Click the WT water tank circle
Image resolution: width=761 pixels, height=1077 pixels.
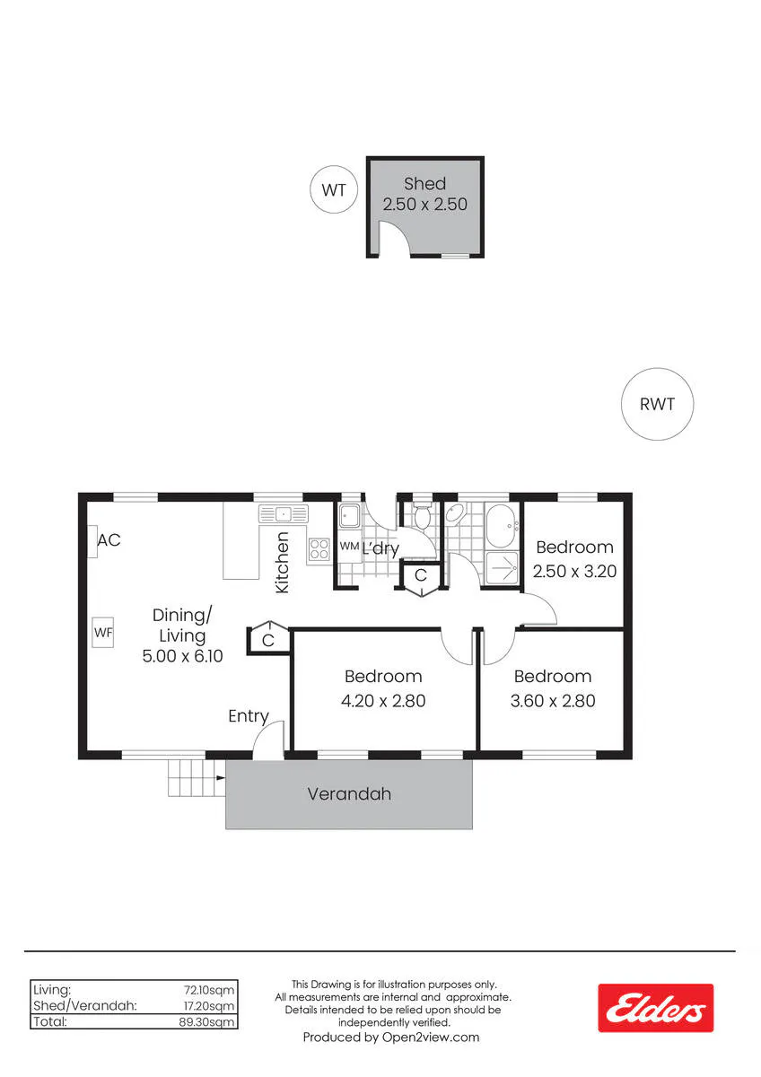[x=334, y=190]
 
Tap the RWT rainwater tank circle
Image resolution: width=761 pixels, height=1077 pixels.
[x=657, y=404]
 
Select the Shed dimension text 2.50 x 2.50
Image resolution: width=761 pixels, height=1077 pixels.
[x=425, y=205]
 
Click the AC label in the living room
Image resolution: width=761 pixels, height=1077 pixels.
[x=109, y=540]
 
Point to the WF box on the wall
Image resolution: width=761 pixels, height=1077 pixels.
[x=103, y=633]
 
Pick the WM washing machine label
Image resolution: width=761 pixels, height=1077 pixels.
[x=349, y=547]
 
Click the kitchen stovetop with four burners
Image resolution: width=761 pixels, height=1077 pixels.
[x=319, y=549]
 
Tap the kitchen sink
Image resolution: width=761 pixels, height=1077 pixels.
[x=284, y=514]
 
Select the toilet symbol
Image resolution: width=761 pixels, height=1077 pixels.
[x=423, y=516]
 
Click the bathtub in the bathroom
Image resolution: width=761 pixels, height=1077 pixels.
[x=503, y=526]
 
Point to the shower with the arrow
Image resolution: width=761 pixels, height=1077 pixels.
[x=503, y=568]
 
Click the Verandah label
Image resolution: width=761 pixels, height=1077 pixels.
[x=349, y=793]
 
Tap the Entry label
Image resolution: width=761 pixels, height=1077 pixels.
[x=248, y=716]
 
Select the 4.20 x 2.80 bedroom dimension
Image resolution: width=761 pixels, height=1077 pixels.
[x=383, y=701]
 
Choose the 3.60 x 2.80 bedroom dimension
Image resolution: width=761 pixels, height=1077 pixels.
[x=553, y=701]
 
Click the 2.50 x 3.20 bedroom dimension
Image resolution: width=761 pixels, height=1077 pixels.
[x=574, y=571]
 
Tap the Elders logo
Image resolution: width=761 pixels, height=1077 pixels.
[x=656, y=1008]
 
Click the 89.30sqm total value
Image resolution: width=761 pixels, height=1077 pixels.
[x=206, y=1021]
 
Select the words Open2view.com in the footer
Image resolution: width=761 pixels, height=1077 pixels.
[x=431, y=1038]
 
